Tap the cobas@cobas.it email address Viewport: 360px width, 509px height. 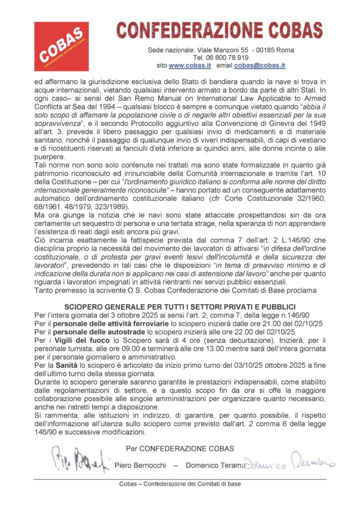(x=260, y=66)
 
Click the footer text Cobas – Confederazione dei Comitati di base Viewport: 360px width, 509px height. (x=180, y=484)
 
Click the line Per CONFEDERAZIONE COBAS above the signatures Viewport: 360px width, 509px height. (x=180, y=448)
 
